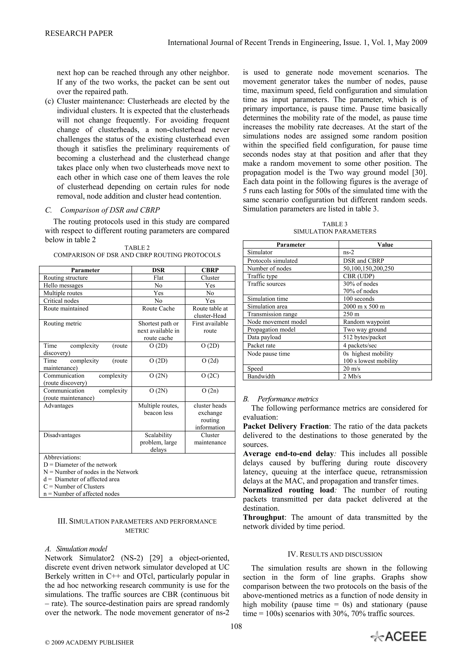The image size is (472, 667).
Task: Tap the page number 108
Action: pyautogui.click(x=236, y=626)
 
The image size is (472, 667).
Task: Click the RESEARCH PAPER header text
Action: pyautogui.click(x=79, y=33)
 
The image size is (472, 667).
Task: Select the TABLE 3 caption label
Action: pyautogui.click(x=335, y=224)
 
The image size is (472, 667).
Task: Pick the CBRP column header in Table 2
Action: pyautogui.click(x=210, y=270)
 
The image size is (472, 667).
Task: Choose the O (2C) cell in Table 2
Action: pyautogui.click(x=210, y=376)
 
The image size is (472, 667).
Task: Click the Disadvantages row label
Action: pyautogui.click(x=62, y=435)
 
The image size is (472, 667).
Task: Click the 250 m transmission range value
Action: pyautogui.click(x=351, y=314)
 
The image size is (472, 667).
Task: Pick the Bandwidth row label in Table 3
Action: pyautogui.click(x=261, y=377)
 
